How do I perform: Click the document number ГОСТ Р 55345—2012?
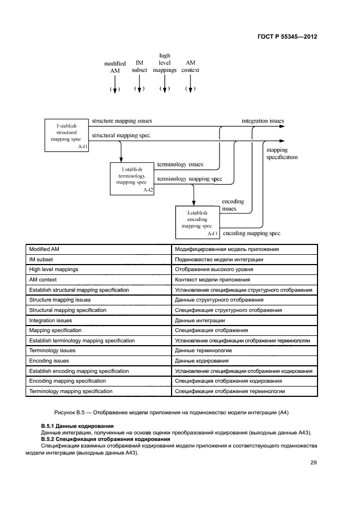point(287,36)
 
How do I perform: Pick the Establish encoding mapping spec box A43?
point(197,222)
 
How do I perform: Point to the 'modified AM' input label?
point(115,67)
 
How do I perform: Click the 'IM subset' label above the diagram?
point(139,66)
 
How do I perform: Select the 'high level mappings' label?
point(164,63)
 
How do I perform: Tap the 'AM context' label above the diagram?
point(190,66)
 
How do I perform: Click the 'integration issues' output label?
point(263,121)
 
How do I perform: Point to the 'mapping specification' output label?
point(282,154)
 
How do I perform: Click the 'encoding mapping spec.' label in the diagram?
point(252,233)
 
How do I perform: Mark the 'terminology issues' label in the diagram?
point(180,164)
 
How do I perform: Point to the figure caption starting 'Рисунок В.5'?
point(179,413)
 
